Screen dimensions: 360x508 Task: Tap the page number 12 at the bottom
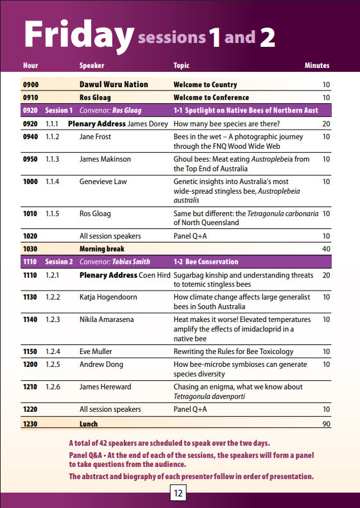[178, 493]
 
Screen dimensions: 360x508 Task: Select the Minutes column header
[317, 65]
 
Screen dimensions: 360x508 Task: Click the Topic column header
[181, 65]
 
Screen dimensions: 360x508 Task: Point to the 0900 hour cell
[31, 85]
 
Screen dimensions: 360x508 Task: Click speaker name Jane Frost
[95, 137]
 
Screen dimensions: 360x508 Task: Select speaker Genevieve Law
[103, 182]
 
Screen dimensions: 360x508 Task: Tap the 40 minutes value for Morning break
[326, 249]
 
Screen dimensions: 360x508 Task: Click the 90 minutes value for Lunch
[326, 424]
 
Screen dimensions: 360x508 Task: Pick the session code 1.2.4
[53, 351]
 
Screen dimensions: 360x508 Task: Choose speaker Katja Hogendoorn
[108, 297]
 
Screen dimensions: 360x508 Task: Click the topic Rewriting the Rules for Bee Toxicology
[234, 351]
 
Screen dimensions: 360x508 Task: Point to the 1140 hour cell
[30, 319]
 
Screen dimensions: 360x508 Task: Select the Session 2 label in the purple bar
[58, 262]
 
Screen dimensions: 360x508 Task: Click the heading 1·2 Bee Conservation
[206, 262]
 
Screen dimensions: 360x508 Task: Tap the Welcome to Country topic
[205, 85]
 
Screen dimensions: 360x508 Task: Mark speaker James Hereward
[105, 387]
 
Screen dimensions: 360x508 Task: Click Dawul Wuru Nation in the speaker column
[114, 85]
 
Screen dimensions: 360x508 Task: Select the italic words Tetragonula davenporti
[209, 396]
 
